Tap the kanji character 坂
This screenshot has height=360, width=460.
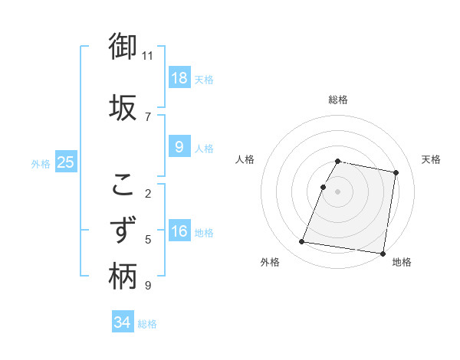(x=123, y=107)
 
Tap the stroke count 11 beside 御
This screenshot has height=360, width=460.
(x=148, y=56)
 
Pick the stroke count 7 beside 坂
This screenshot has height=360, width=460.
(x=148, y=116)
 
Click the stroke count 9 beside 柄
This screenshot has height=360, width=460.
(x=148, y=286)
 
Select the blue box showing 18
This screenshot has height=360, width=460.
(x=179, y=77)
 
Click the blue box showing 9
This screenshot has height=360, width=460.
(x=179, y=147)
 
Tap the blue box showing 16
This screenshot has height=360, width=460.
(x=179, y=231)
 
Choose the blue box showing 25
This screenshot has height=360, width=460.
(x=65, y=162)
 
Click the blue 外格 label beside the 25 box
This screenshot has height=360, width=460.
(x=41, y=163)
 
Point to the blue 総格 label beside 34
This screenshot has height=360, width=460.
(x=147, y=324)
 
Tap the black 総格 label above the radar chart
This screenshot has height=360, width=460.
(x=338, y=100)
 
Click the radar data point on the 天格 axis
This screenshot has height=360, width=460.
(x=396, y=173)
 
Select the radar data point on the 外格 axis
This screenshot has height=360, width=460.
(x=301, y=242)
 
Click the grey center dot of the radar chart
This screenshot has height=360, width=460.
(x=338, y=191)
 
